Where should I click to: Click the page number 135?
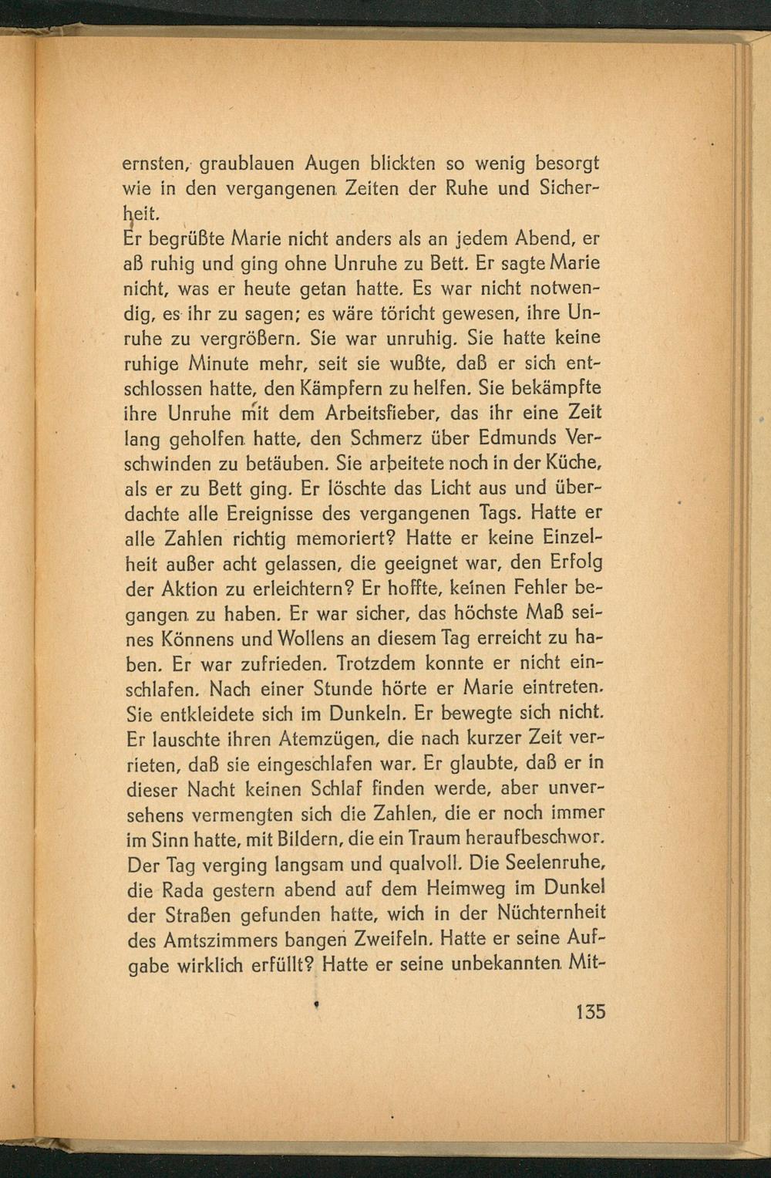pos(591,1011)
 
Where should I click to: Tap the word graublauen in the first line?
pos(244,164)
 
